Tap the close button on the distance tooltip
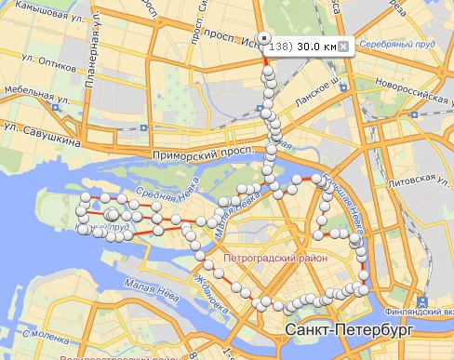coord(342,46)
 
